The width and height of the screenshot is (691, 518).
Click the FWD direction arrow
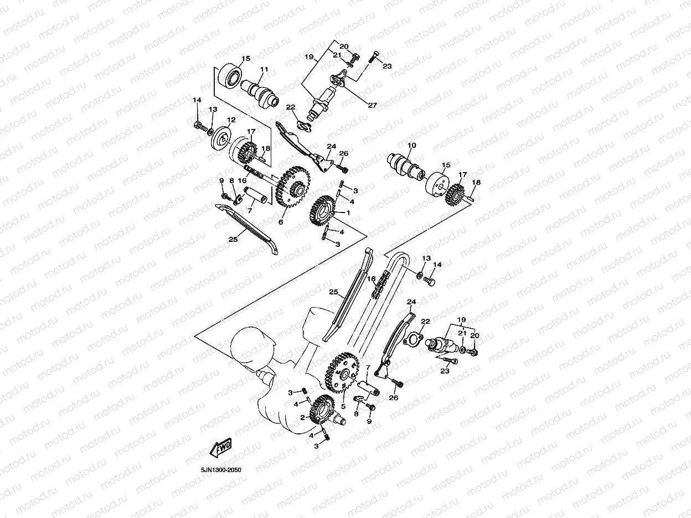[x=219, y=447]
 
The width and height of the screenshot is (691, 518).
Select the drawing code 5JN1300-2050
[x=221, y=470]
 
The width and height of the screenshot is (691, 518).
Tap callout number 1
[x=349, y=213]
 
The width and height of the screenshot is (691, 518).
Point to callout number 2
[x=302, y=418]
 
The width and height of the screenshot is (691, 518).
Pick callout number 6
[x=281, y=222]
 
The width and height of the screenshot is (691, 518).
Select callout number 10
[x=411, y=146]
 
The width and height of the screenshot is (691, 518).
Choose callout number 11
[x=264, y=69]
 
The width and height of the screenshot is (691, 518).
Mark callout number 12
[x=230, y=120]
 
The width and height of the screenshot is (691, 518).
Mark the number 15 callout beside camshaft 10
[x=446, y=165]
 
